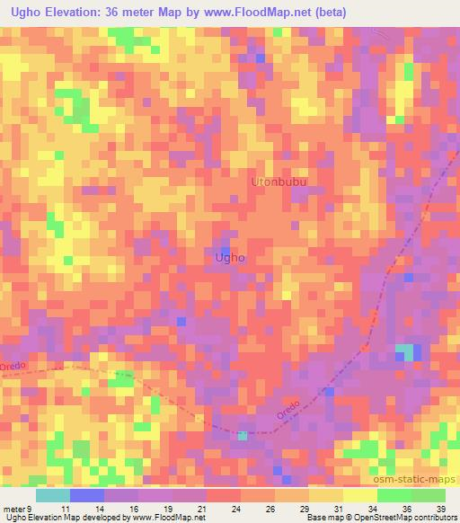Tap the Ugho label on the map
tap(231, 258)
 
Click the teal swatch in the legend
tap(52, 495)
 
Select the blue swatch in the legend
tap(86, 495)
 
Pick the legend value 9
tap(31, 509)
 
